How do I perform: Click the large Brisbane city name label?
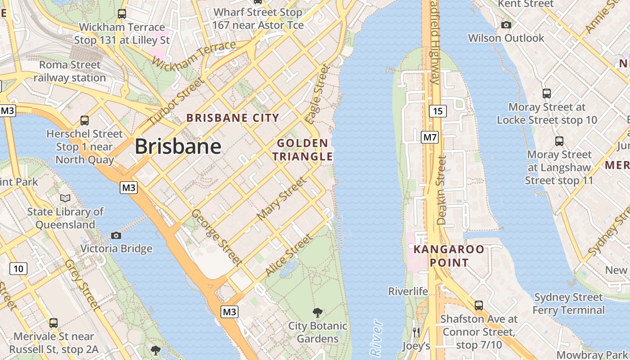tap(178, 146)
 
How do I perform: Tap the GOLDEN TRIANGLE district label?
tap(305, 150)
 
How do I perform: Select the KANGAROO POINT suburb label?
tap(449, 256)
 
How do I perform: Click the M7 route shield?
tap(429, 137)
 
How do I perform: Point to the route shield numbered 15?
tap(437, 111)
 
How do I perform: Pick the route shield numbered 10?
tap(18, 269)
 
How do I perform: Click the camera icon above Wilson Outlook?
tap(506, 25)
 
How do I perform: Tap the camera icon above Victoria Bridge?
tap(116, 235)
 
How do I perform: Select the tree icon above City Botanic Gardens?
tap(318, 312)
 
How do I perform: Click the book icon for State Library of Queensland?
tap(65, 198)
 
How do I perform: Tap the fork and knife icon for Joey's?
tap(416, 333)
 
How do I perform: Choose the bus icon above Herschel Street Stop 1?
tap(85, 121)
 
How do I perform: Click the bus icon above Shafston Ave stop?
tap(479, 306)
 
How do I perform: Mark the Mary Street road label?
tap(281, 199)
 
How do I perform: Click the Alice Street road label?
tap(288, 255)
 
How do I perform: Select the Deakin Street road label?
tap(441, 190)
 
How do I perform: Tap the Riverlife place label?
tap(408, 291)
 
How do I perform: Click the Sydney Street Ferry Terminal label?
tap(568, 304)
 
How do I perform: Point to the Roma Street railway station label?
tap(70, 71)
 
